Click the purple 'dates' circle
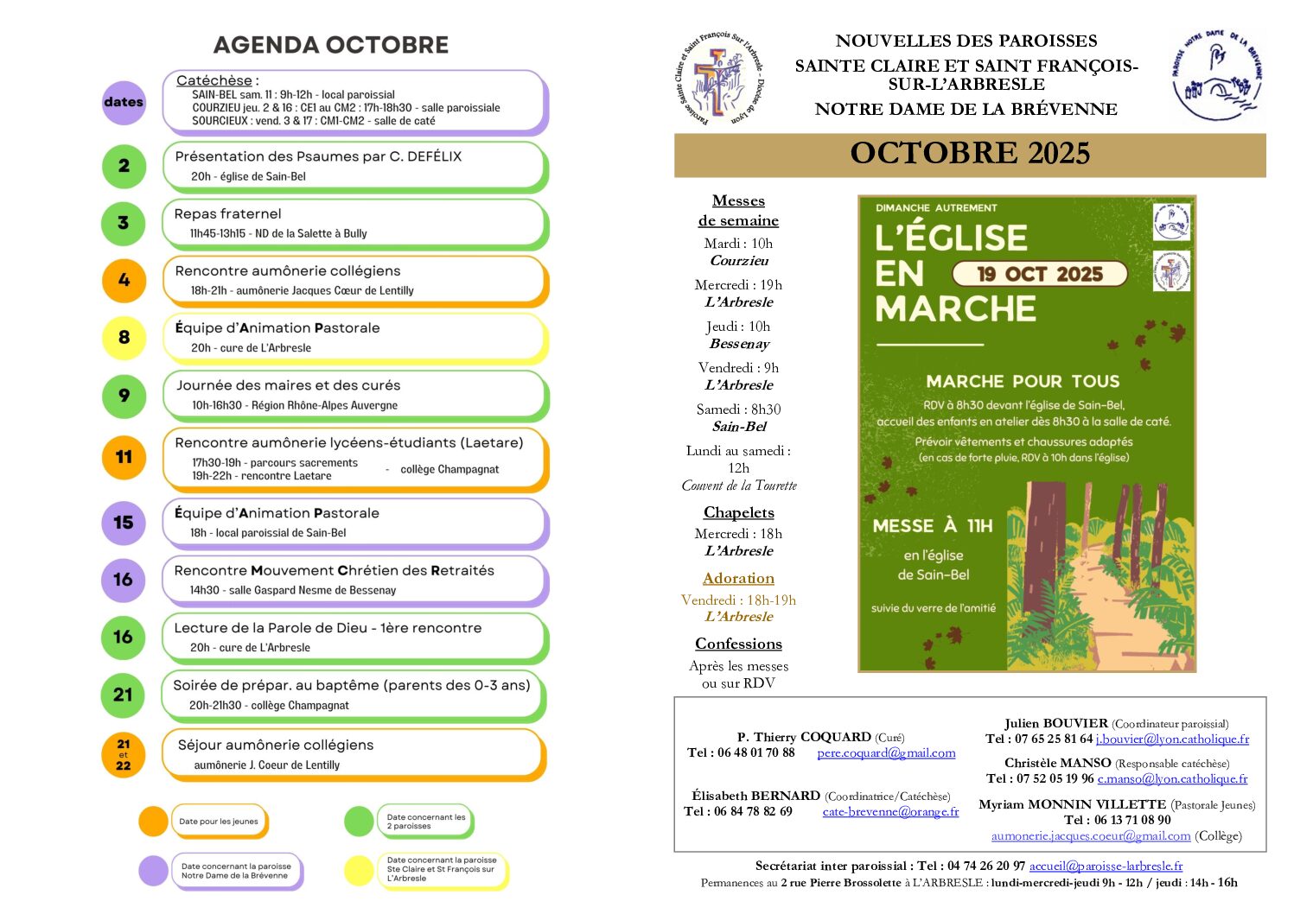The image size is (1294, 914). pyautogui.click(x=124, y=102)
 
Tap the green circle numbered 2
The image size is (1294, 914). pyautogui.click(x=124, y=165)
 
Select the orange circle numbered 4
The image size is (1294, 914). pyautogui.click(x=124, y=280)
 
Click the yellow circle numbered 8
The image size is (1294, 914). pyautogui.click(x=124, y=337)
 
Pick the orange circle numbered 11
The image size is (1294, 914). pyautogui.click(x=124, y=456)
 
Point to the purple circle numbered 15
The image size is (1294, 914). pyautogui.click(x=124, y=522)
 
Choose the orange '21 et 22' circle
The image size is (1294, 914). pyautogui.click(x=124, y=754)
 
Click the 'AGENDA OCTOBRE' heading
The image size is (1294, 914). pyautogui.click(x=331, y=45)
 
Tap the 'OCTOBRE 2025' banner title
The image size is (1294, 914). pyautogui.click(x=970, y=154)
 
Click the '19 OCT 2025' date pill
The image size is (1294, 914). pyautogui.click(x=1040, y=274)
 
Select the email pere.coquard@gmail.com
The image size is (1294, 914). pyautogui.click(x=886, y=752)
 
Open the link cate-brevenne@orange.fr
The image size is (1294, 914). pyautogui.click(x=890, y=811)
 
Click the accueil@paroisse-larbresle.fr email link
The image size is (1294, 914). pyautogui.click(x=1106, y=865)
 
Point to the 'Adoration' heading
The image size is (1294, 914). pyautogui.click(x=738, y=578)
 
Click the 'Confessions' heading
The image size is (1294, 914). pyautogui.click(x=738, y=644)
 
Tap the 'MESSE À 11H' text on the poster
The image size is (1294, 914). pyautogui.click(x=933, y=525)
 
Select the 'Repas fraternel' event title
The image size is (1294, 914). pyautogui.click(x=228, y=213)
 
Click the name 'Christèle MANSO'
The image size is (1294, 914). pyautogui.click(x=1057, y=763)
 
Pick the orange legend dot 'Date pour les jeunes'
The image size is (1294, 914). pyautogui.click(x=153, y=822)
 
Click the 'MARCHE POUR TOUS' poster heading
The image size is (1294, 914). pyautogui.click(x=1023, y=381)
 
